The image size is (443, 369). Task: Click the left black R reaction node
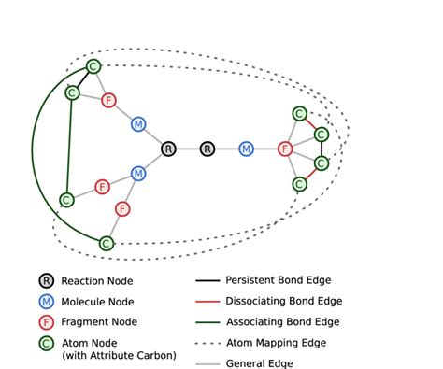click(168, 149)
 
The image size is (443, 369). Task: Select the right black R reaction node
click(207, 149)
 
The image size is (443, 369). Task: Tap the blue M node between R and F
click(246, 149)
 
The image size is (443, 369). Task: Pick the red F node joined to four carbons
click(286, 149)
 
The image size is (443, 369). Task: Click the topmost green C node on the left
click(93, 66)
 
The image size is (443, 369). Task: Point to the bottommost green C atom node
click(106, 243)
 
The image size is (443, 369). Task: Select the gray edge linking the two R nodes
click(188, 149)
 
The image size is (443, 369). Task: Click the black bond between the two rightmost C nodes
click(321, 149)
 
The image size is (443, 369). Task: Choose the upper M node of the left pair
click(138, 124)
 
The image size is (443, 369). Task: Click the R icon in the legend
click(45, 280)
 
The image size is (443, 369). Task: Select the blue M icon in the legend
click(45, 302)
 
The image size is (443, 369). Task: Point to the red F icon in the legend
click(45, 322)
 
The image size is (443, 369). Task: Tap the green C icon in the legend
click(45, 345)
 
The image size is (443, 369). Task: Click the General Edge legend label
click(266, 364)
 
